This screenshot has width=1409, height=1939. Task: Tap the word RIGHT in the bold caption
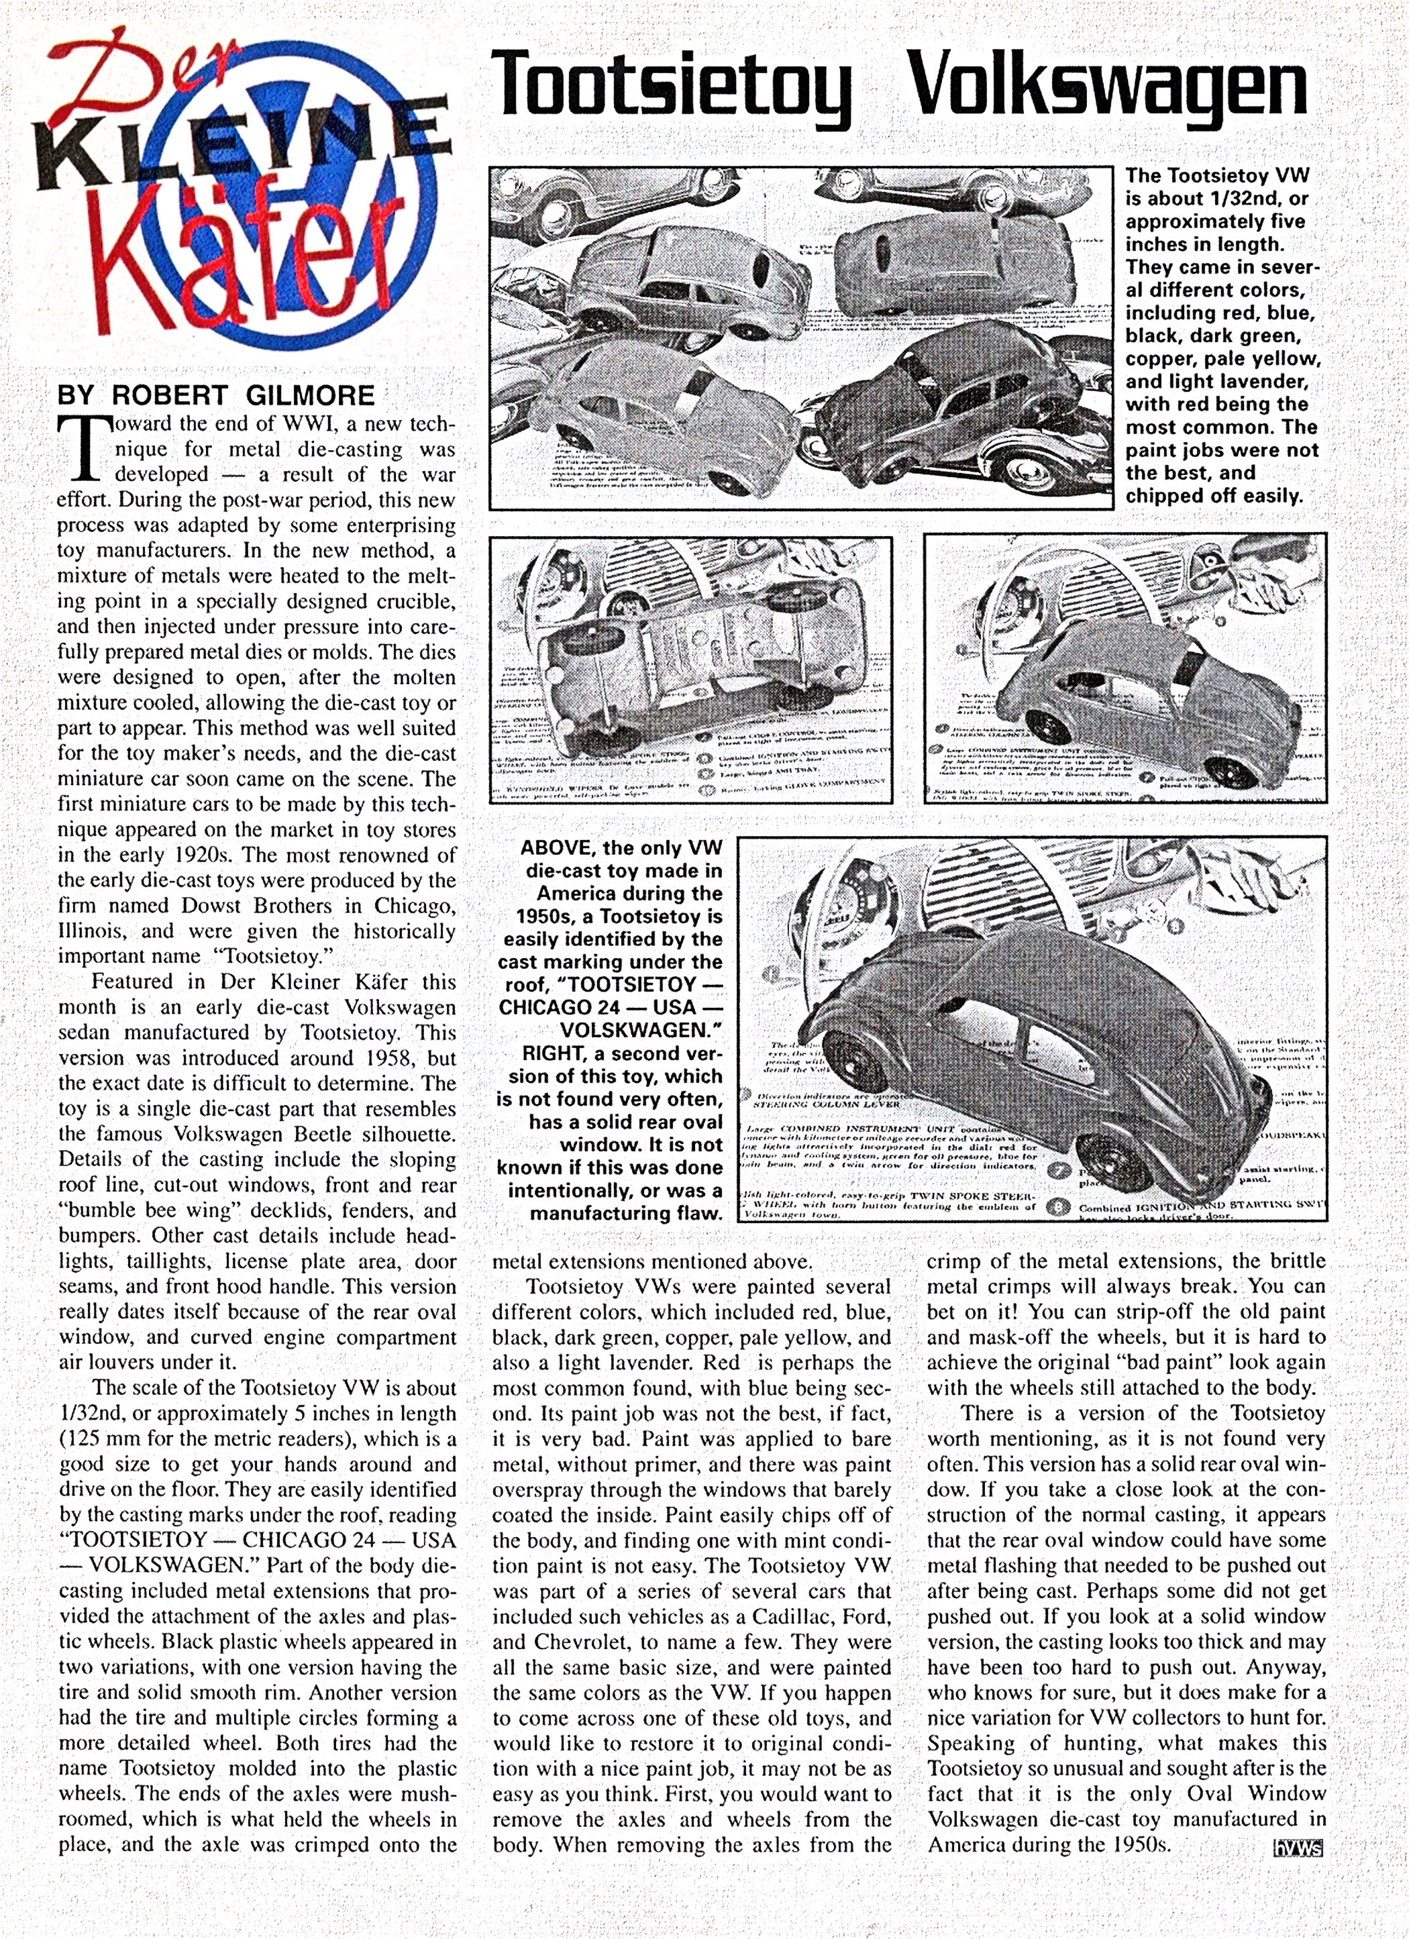531,1053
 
